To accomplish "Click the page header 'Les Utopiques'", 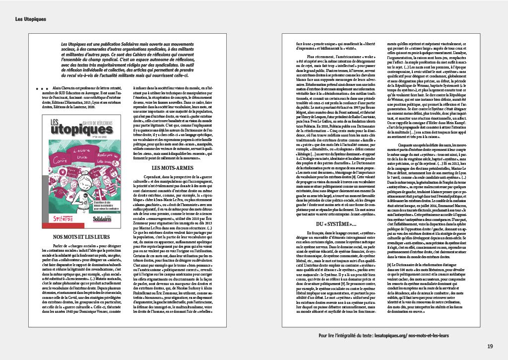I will [x=31, y=19].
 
